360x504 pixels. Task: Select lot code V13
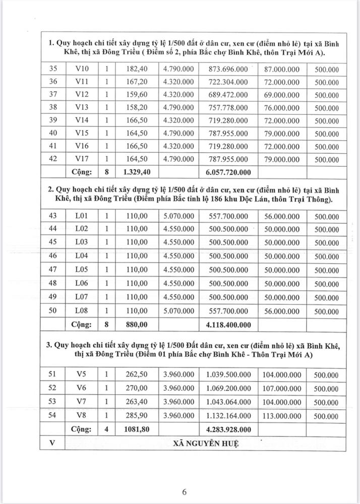coord(82,108)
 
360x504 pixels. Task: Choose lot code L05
coord(82,269)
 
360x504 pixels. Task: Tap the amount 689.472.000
coord(227,95)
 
